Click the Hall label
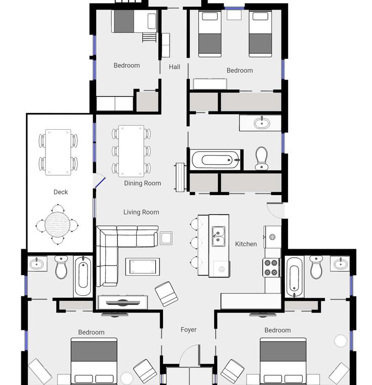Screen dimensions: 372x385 coord(174,66)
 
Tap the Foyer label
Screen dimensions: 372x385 coord(188,329)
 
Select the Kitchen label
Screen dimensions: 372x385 coord(246,244)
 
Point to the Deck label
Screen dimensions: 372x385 coord(61,192)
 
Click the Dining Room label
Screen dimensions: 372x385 coord(142,183)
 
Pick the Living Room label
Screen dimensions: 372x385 coord(141,212)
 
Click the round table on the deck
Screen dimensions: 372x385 coord(57,224)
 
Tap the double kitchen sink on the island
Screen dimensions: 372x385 coord(218,236)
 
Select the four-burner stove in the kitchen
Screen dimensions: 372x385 coord(271,267)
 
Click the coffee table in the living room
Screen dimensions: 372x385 coord(143,266)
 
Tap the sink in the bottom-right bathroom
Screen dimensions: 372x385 coord(340,263)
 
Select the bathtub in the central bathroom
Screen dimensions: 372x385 coord(215,160)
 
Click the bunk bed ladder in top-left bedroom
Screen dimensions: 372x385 coord(149,37)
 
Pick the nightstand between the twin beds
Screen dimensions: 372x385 coord(234,15)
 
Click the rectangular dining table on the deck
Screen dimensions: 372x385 coord(58,152)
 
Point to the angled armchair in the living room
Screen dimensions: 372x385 coord(167,294)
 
